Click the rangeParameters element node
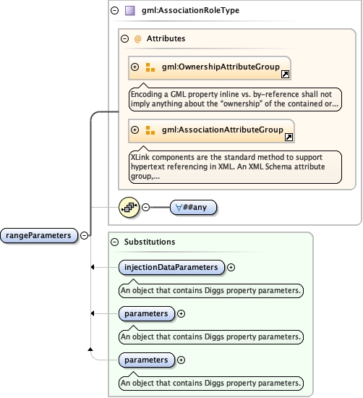point(39,235)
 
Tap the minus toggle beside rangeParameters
point(85,235)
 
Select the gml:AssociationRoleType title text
point(189,11)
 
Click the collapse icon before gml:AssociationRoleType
point(114,11)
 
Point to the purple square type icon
point(130,11)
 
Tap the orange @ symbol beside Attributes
point(138,38)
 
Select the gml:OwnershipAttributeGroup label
point(220,67)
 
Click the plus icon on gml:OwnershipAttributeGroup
point(134,67)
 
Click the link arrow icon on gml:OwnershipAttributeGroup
point(285,74)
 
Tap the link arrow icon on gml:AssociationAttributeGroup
point(289,137)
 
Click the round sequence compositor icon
point(129,207)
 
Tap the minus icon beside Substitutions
point(114,242)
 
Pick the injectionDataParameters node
point(171,268)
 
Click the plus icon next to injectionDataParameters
point(231,268)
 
